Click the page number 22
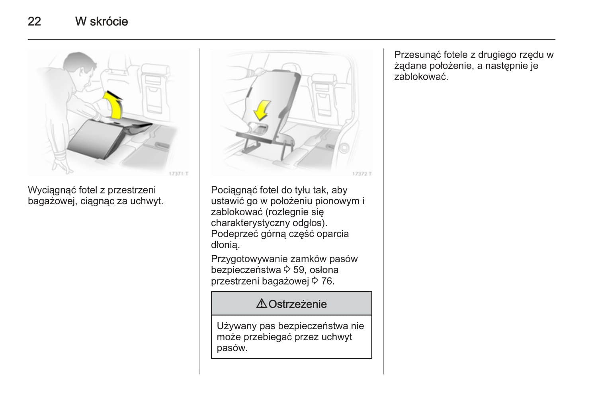pos(34,21)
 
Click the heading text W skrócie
pos(102,21)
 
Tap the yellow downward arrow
pos(262,110)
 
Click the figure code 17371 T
pos(178,174)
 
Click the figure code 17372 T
pos(362,174)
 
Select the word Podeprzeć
pos(234,234)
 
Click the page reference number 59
pos(299,270)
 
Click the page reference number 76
pos(327,281)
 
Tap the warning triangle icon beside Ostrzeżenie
pos(262,304)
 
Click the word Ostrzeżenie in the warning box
pos(297,304)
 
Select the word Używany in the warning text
pos(236,326)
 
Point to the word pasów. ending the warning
pos(232,348)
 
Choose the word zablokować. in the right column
pos(421,77)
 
